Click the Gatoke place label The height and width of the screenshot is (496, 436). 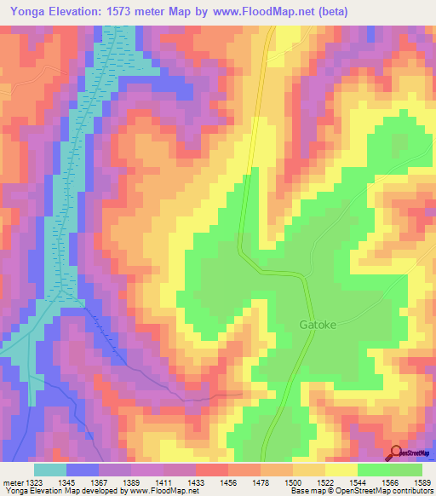[x=318, y=325]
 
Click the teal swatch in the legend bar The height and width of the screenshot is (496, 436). [x=50, y=470]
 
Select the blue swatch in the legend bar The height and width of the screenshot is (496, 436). [x=83, y=470]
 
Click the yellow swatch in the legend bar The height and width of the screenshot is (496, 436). [x=341, y=470]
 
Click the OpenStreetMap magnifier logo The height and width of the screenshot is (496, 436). [x=396, y=452]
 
